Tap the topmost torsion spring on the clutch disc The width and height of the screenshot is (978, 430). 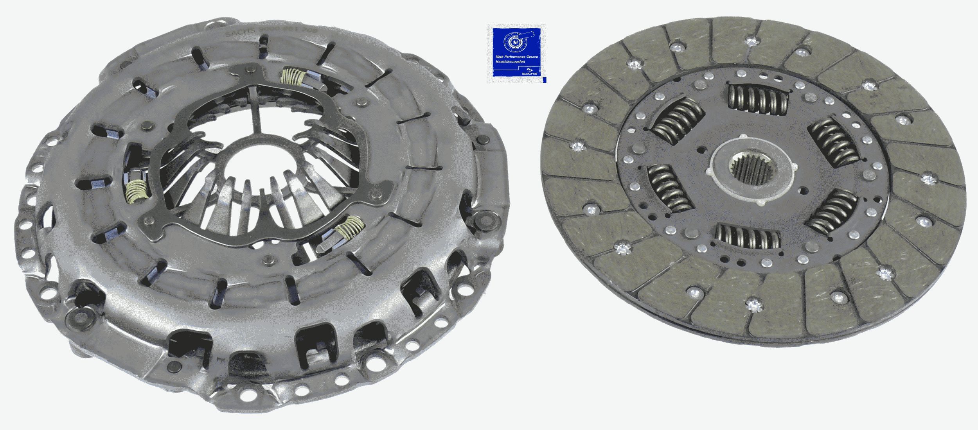pos(758,100)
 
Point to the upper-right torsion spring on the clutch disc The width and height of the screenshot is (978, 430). pos(833,141)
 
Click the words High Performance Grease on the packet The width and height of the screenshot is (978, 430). pos(516,57)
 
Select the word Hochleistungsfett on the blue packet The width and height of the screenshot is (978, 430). pos(510,62)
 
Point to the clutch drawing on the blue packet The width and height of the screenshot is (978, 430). pos(516,41)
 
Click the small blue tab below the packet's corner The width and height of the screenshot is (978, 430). pos(545,80)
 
